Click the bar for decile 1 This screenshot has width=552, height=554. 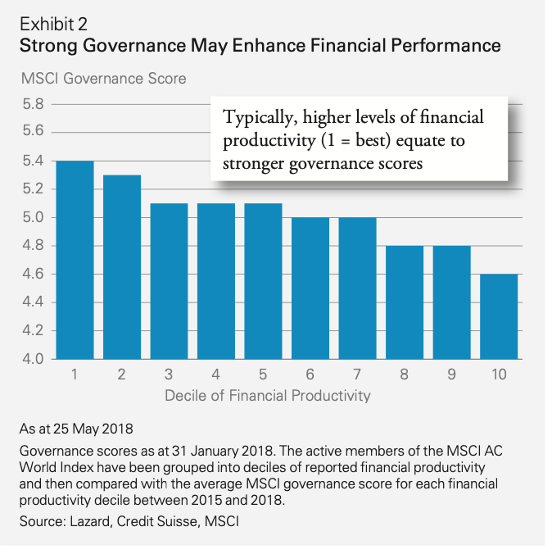[x=75, y=260]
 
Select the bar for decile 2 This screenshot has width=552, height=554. [x=122, y=266]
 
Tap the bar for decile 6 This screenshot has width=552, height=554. [x=310, y=288]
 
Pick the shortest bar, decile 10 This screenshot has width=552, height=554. [x=500, y=316]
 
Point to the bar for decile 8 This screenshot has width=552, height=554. [x=405, y=302]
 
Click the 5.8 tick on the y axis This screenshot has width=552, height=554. [x=32, y=104]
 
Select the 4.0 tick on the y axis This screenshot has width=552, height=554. [x=32, y=359]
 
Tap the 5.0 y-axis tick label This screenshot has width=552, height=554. [x=32, y=217]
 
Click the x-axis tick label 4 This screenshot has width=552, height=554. [x=216, y=375]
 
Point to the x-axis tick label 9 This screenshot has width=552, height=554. [x=452, y=375]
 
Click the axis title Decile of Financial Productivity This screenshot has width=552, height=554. [x=268, y=396]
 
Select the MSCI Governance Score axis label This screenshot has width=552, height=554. [x=102, y=79]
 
